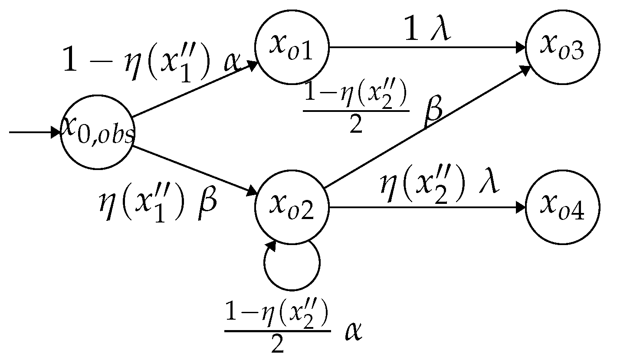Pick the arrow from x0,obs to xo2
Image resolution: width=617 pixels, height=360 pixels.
pos(195,170)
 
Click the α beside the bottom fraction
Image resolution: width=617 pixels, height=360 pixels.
pos(353,332)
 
